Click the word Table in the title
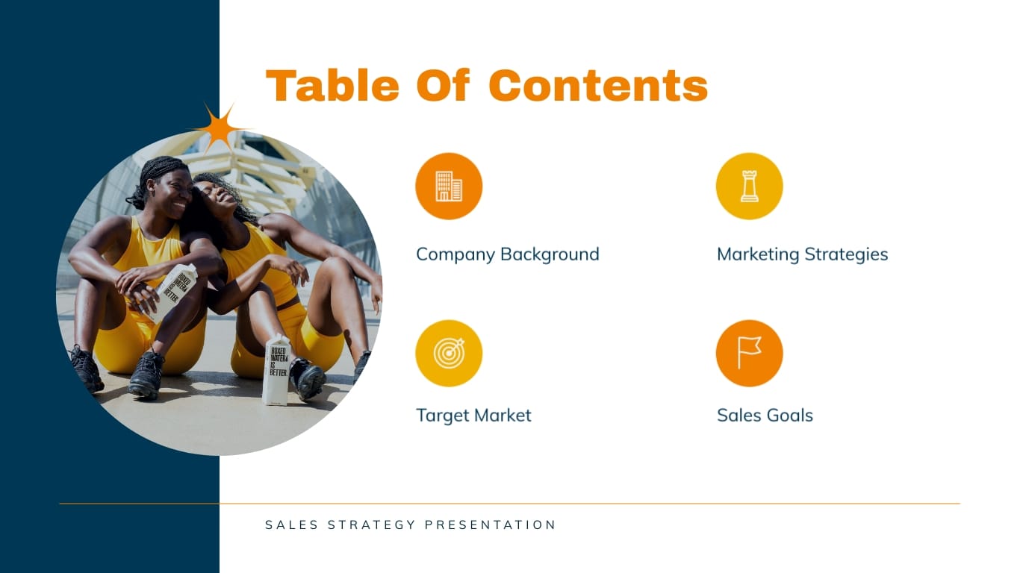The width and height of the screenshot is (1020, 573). tap(332, 86)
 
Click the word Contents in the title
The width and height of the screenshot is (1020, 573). tap(598, 86)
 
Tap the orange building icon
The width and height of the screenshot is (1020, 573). tap(449, 186)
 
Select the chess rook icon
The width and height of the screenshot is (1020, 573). tap(749, 186)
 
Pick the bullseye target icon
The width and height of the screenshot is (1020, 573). tap(449, 353)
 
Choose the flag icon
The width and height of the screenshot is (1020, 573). tap(749, 353)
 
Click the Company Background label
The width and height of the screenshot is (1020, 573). tap(507, 254)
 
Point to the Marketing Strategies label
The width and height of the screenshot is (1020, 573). tap(802, 254)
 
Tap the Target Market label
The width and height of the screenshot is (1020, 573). tap(473, 416)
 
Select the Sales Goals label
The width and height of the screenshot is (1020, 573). tap(765, 416)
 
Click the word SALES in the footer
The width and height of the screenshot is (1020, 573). tap(290, 525)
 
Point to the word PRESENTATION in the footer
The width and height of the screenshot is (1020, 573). tap(491, 525)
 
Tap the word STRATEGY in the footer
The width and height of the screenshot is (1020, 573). tap(372, 525)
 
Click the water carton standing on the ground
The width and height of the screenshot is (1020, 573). tap(276, 370)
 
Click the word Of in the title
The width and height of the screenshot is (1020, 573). tap(444, 86)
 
